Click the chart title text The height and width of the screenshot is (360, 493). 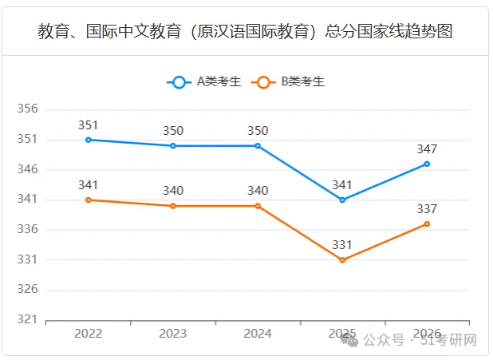tap(245, 31)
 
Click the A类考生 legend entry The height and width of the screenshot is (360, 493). tap(204, 81)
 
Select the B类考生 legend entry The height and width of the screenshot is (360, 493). tap(288, 81)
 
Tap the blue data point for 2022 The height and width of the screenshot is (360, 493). tap(89, 140)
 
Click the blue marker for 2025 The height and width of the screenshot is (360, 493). tap(342, 200)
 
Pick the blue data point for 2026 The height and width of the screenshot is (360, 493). tap(427, 164)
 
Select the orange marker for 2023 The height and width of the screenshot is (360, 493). tap(173, 206)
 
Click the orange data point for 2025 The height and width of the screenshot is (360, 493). tap(342, 260)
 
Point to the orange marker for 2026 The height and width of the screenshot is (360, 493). tap(427, 224)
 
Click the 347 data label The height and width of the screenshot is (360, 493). tap(427, 149)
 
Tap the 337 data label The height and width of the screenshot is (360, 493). tap(427, 209)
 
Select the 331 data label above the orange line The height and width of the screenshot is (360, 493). tap(342, 245)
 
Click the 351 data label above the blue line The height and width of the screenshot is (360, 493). tap(88, 125)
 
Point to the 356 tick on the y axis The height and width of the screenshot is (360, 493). tap(27, 109)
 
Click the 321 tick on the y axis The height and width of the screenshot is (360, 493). tap(27, 319)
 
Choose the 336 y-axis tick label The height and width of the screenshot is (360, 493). tap(27, 229)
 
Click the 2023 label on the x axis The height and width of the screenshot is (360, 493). tap(173, 334)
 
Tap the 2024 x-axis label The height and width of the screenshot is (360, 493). tap(258, 334)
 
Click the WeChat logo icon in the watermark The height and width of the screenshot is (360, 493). tap(349, 340)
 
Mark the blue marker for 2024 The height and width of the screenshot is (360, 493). tap(258, 146)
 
